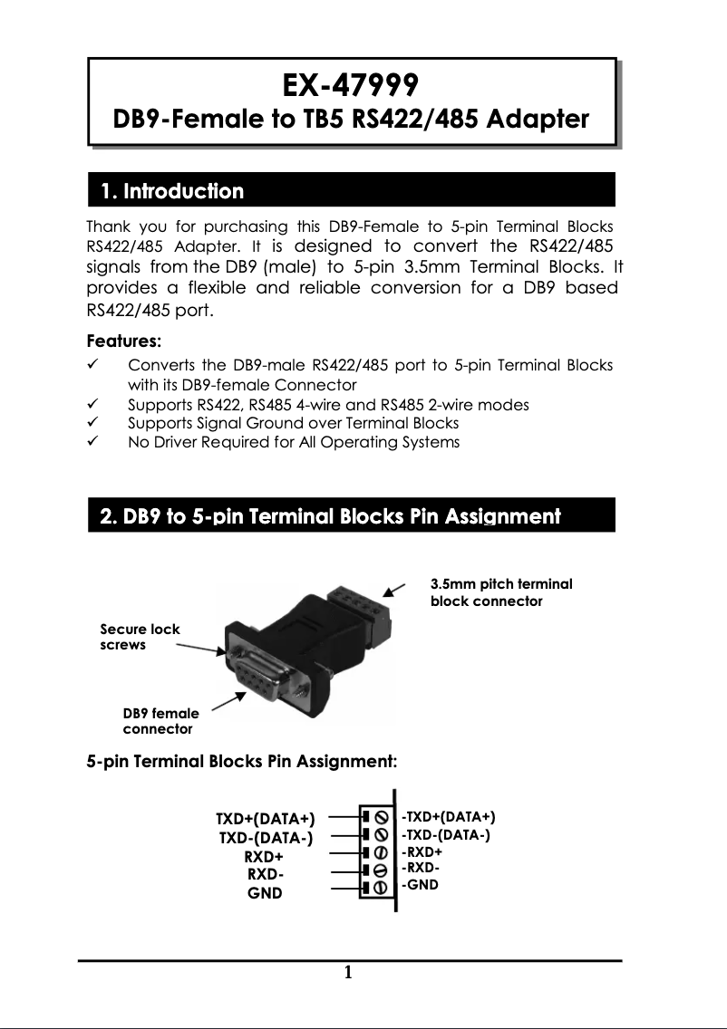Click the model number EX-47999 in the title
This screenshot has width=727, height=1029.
tap(350, 85)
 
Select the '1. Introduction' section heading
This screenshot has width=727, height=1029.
tap(172, 192)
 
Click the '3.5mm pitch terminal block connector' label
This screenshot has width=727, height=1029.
tap(500, 592)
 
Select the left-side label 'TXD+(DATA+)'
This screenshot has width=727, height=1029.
tap(264, 821)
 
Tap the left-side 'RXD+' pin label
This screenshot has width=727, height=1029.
tap(264, 857)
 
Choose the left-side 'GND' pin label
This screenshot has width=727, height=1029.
tap(265, 893)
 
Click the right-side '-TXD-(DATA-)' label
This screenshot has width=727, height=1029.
tap(445, 834)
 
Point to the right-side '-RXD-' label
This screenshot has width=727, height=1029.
tap(421, 868)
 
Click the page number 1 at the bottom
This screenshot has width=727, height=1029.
tap(348, 974)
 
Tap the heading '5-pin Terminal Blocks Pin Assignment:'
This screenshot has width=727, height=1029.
tap(241, 761)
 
